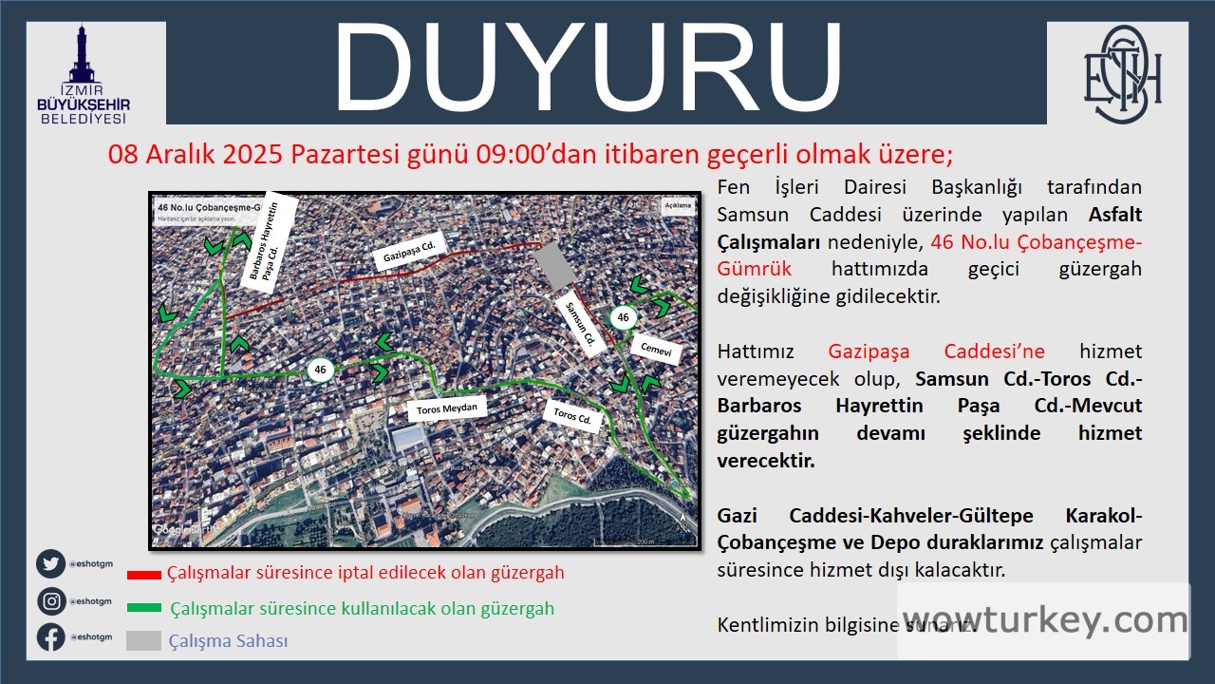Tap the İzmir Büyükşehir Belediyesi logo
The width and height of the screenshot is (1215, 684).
coord(84,76)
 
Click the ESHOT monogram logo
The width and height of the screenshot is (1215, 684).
coord(1123,70)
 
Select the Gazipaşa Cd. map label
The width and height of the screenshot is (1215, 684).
coord(409,254)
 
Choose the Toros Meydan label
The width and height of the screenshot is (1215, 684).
coord(445,408)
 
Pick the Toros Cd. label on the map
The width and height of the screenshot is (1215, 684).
coord(572,415)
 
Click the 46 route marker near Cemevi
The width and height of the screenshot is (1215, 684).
coord(623,317)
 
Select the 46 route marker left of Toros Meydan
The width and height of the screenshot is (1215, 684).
coord(320,370)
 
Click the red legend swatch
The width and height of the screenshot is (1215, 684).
coord(144,574)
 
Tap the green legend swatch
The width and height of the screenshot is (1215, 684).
coord(144,608)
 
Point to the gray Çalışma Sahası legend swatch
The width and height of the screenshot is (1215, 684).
coord(143,641)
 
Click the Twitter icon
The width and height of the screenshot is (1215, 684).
coord(51,564)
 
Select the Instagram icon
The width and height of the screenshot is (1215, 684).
coord(51,601)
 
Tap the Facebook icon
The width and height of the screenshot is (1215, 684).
coord(51,636)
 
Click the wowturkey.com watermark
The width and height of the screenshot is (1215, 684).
coord(1044,620)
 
